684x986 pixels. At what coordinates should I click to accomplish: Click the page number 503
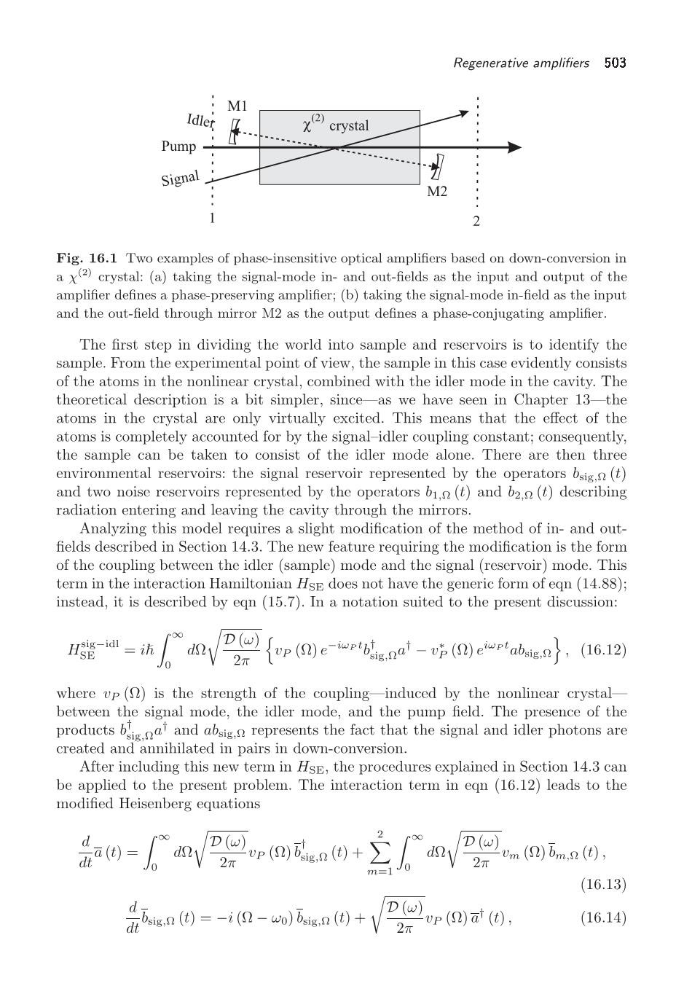click(x=615, y=63)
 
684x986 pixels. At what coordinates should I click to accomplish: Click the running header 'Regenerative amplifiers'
click(x=521, y=63)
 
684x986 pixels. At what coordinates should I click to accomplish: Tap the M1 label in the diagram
click(x=237, y=106)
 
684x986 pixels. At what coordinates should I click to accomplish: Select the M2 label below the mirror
click(x=436, y=192)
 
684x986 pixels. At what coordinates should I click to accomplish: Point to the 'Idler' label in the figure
click(x=200, y=120)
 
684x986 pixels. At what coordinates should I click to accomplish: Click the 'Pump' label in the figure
click(x=178, y=146)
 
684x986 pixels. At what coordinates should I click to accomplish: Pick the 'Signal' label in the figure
click(x=180, y=178)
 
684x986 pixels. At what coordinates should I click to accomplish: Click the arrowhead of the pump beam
click(x=514, y=147)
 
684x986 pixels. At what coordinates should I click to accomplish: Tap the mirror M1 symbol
click(x=234, y=132)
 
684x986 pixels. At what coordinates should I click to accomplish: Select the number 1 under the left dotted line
click(x=212, y=218)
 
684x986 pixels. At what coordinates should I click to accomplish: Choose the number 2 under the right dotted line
click(x=476, y=221)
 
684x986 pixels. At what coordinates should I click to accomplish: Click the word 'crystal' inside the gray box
click(x=349, y=126)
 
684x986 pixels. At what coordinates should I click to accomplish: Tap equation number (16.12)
click(x=603, y=649)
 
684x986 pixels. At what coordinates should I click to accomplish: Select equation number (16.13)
click(x=603, y=884)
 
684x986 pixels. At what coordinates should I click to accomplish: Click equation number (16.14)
click(x=603, y=917)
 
